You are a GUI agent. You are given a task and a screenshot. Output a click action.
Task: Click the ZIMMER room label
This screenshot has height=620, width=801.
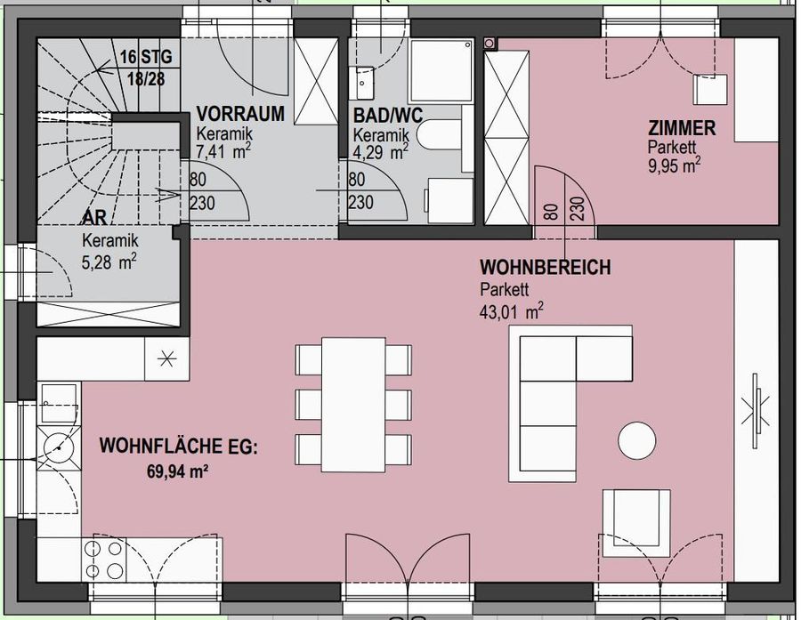point(682,129)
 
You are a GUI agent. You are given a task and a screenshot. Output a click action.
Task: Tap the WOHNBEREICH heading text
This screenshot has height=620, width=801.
point(545,268)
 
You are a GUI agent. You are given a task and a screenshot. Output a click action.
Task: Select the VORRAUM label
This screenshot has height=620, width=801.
point(240,114)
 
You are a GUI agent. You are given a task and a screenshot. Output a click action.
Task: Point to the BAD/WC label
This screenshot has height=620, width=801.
point(387,114)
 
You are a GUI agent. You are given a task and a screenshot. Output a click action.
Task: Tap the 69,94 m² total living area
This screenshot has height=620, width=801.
point(177,472)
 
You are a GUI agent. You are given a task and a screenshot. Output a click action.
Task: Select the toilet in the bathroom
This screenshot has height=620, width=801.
point(439,137)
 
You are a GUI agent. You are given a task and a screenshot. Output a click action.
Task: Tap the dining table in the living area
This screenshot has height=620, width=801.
point(354,405)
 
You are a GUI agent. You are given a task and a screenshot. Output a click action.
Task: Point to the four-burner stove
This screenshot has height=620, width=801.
point(104,560)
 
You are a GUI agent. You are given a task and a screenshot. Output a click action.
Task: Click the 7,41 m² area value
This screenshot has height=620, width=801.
point(223,151)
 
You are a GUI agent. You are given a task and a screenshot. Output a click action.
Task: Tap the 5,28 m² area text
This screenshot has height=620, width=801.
point(109,262)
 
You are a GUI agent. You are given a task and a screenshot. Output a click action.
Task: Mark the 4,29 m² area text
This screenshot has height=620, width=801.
point(381,151)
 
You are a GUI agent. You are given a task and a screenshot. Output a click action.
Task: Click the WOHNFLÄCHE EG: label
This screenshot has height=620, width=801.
point(178,445)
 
